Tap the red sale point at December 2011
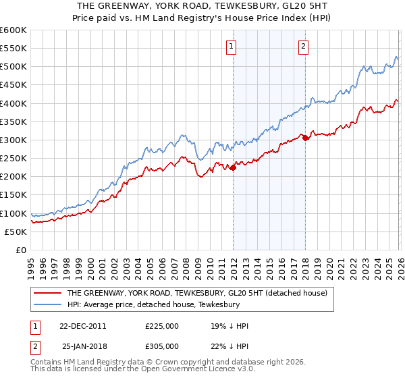(233, 167)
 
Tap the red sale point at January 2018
(305, 138)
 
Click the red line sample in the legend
(49, 294)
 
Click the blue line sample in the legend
(49, 305)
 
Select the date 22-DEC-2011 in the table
(82, 326)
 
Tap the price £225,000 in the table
(163, 326)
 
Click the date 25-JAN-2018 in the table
(84, 346)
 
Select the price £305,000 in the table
(163, 346)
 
